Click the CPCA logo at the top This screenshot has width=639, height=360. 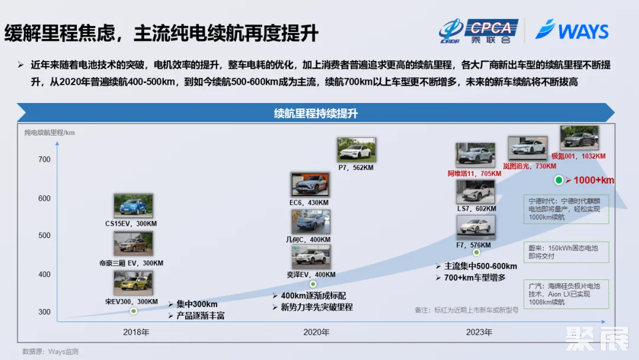[x=479, y=31]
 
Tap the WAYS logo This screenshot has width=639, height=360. [x=572, y=30]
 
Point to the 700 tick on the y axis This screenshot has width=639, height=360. [x=44, y=159]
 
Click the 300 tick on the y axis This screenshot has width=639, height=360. [x=44, y=312]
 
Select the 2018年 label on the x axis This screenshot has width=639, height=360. [x=136, y=332]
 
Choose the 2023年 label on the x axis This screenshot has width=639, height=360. [x=479, y=332]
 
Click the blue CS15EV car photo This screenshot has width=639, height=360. [x=133, y=206]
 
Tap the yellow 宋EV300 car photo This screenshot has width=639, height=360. [x=133, y=283]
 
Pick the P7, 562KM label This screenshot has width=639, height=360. [x=356, y=168]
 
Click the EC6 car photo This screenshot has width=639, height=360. [x=310, y=185]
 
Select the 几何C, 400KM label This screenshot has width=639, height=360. [x=308, y=240]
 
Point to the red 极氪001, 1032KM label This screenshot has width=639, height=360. [x=579, y=156]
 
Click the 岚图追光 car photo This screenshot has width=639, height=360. [x=527, y=149]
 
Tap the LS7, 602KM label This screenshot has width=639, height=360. [x=476, y=209]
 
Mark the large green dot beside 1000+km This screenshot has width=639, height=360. [x=559, y=180]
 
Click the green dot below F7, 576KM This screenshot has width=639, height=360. [x=476, y=253]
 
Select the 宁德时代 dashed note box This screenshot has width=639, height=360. [x=566, y=209]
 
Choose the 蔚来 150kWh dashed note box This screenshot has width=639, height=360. [x=566, y=252]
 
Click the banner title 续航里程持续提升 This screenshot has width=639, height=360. [x=316, y=113]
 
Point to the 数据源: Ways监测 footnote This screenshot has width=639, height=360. [x=50, y=352]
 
